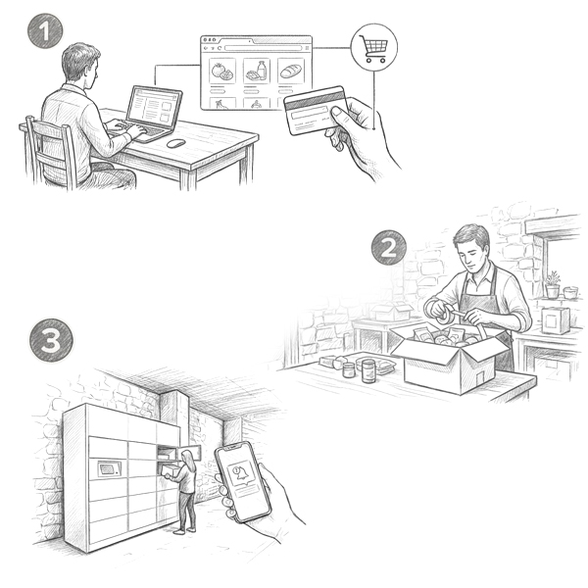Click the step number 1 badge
click(45, 30)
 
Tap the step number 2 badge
click(389, 248)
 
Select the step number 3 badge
click(51, 340)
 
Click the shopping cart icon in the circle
click(373, 48)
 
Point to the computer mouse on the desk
click(175, 143)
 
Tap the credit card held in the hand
click(315, 110)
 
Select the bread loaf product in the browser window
click(291, 72)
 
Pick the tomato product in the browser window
click(222, 72)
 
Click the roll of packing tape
click(444, 314)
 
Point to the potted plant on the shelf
click(553, 284)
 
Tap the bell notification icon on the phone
click(241, 472)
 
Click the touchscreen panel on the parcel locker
click(109, 468)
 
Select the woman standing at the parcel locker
click(184, 491)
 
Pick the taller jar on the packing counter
click(368, 370)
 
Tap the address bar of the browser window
click(264, 48)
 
